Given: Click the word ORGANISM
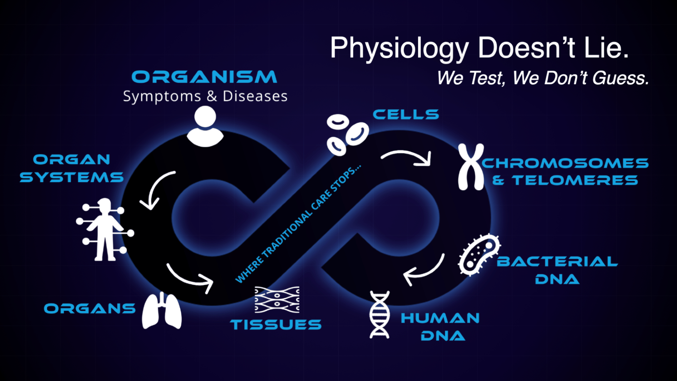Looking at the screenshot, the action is point(204,77).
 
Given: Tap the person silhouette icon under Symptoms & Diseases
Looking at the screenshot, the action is point(205,126).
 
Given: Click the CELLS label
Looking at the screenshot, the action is point(406,114).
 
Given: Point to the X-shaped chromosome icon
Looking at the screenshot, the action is point(471,167).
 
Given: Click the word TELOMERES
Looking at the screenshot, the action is point(575,180).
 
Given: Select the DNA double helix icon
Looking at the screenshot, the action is point(379,315).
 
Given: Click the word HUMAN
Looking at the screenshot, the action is point(440,318).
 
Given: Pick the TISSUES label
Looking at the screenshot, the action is point(276,325).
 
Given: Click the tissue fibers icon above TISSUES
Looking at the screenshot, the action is point(277,300).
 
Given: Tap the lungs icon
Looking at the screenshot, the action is point(162,310).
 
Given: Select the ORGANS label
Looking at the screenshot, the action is point(90,309).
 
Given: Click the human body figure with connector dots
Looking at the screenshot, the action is point(105,230).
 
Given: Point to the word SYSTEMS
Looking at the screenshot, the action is point(72,177).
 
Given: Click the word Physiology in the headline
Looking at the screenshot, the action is point(400,48).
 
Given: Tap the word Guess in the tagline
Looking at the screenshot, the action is point(621,78).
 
